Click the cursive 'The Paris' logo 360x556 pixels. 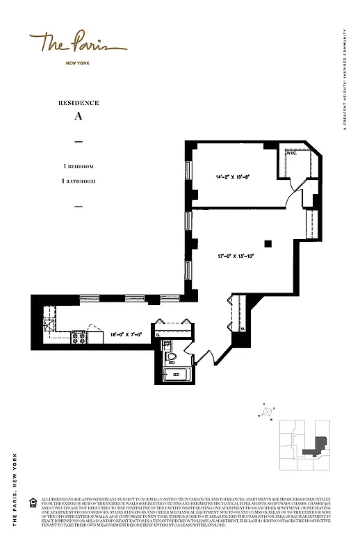coord(78,44)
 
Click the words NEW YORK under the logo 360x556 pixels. coord(78,63)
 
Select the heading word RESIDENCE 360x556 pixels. coord(79,103)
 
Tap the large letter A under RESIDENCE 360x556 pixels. coord(79,117)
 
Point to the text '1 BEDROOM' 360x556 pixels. coord(79,167)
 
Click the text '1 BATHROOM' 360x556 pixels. coord(79,181)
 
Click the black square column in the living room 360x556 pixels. coord(268,243)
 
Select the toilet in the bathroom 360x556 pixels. coord(170,358)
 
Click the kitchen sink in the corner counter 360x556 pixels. coord(49,323)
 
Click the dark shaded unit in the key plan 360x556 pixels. coord(319,445)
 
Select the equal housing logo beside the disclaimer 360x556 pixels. coord(33,501)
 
